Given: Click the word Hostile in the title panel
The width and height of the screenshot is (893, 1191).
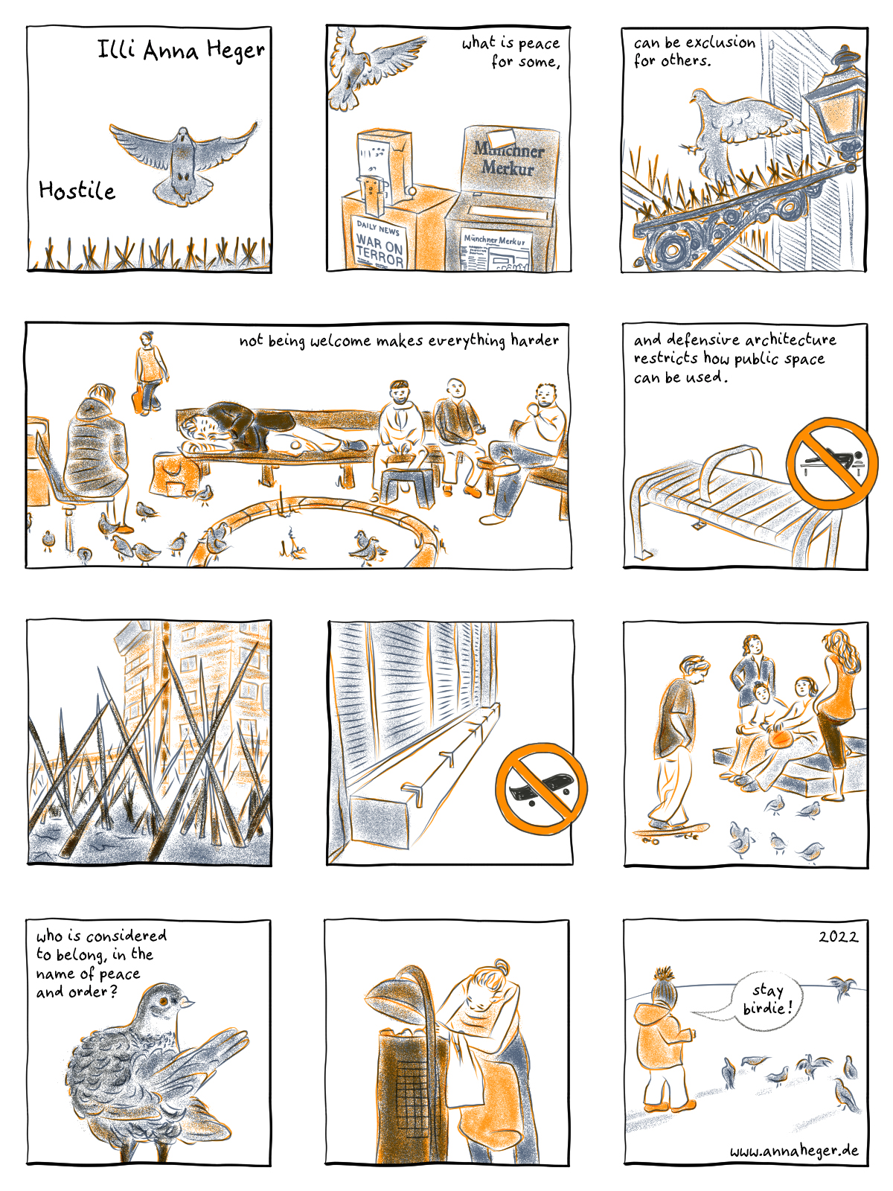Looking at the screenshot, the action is point(77,191).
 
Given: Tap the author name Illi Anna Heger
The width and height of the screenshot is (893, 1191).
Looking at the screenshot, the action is point(181,49).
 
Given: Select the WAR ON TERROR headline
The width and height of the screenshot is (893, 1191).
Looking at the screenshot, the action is point(380,249).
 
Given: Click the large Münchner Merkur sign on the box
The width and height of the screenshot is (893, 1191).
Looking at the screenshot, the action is point(508,158).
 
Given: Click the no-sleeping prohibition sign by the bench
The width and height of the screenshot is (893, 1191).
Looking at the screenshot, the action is point(831,463).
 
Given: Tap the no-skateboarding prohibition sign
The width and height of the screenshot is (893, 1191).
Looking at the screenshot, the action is point(541,789).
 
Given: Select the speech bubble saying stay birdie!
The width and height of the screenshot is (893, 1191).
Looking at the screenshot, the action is point(761,999).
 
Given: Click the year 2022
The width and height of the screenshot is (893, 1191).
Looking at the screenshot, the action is point(838,937).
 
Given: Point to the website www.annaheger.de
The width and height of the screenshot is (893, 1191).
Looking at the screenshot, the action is point(794,1150).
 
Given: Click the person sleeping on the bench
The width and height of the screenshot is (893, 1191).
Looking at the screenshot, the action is point(271,431).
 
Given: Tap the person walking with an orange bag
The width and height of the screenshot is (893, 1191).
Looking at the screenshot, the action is point(149,374).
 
